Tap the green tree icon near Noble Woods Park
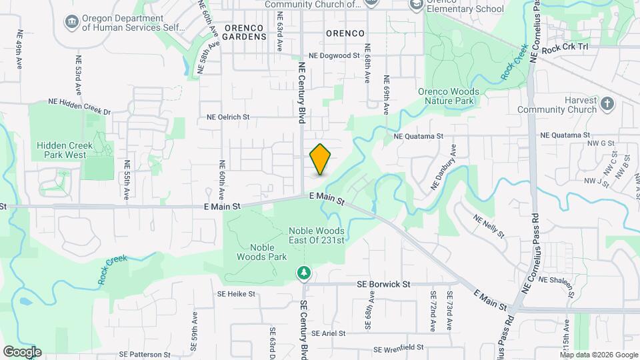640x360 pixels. tap(304, 273)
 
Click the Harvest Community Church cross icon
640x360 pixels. tap(607, 103)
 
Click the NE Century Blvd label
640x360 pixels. tap(302, 93)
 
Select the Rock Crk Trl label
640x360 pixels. tap(565, 49)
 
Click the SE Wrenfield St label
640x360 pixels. tap(399, 348)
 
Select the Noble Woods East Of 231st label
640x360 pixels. tap(317, 235)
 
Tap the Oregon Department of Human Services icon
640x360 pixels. tap(71, 23)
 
